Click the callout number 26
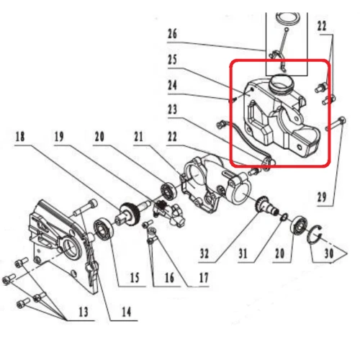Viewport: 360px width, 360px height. point(171,33)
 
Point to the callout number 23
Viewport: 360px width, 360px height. point(171,109)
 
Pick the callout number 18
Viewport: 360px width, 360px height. point(19,134)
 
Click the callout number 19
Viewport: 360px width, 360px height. point(58,134)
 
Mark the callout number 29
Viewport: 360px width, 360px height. point(322,197)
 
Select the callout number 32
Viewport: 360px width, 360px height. point(205,253)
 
